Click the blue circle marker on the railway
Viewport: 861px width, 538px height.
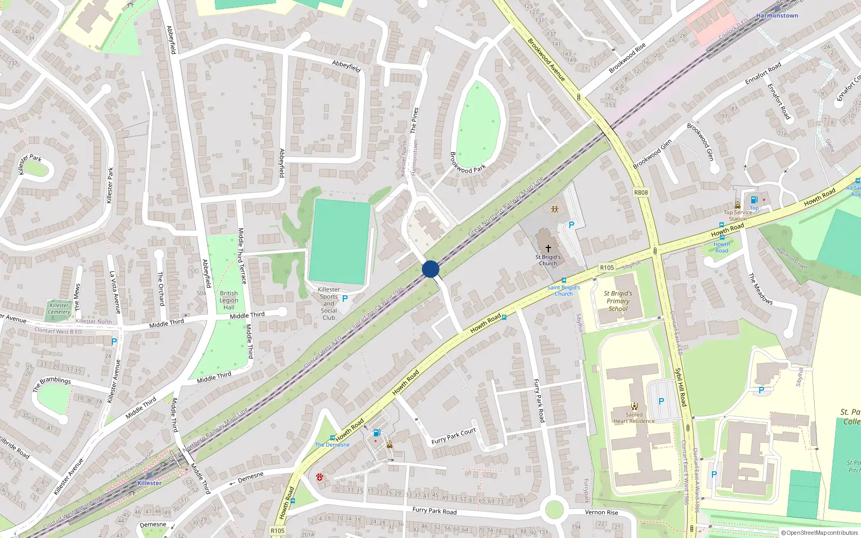[430, 269]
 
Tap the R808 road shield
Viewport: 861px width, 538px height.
[641, 193]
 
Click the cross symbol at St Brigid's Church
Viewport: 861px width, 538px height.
[548, 249]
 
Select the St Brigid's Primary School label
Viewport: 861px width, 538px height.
[618, 301]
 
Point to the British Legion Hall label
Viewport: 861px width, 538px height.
[229, 300]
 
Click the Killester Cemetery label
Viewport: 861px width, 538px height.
[59, 309]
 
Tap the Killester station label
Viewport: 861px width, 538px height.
[149, 483]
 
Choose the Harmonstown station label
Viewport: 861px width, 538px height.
[777, 16]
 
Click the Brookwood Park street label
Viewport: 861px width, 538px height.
[467, 162]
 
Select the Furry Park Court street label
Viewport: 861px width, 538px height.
[454, 436]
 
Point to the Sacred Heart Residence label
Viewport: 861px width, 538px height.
[634, 418]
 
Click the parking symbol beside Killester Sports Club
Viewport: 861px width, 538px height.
[345, 298]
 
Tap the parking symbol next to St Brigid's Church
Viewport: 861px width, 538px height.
[571, 225]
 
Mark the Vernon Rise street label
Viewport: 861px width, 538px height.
[602, 512]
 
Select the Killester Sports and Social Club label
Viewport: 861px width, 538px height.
[329, 303]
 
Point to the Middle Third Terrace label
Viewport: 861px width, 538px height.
[242, 256]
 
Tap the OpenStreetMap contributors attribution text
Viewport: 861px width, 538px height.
[820, 533]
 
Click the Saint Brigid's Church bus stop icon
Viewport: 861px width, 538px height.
[563, 280]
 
